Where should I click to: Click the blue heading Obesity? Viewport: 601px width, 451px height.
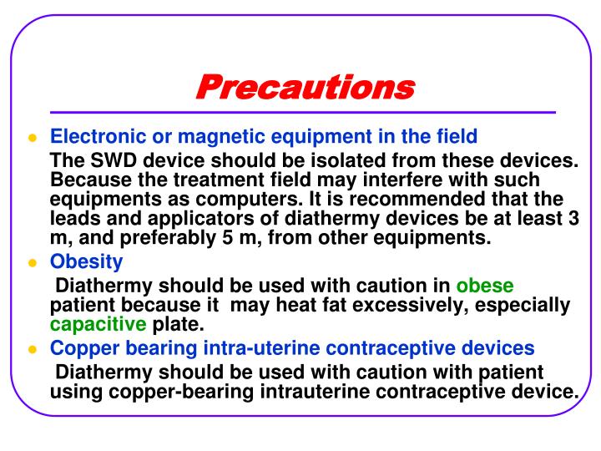[87, 262]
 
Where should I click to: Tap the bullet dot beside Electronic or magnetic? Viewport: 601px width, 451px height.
[33, 137]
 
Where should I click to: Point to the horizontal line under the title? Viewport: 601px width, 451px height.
[301, 113]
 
